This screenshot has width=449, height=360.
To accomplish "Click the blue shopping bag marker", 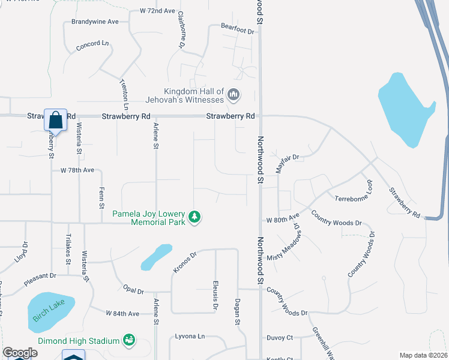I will (55, 120).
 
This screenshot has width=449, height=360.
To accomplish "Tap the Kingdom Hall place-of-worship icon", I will (234, 94).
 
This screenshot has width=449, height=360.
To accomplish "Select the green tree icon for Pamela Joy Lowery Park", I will (194, 217).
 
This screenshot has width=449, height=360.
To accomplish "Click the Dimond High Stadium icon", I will (128, 341).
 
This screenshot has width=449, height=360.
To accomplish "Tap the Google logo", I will (20, 353).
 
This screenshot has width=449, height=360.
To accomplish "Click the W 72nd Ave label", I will (157, 11).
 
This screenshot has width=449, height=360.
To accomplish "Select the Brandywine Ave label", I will (95, 22).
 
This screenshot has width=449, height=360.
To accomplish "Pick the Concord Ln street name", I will (92, 44).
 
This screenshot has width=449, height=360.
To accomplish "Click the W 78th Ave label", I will (77, 170).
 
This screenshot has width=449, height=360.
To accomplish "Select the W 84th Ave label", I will (122, 313).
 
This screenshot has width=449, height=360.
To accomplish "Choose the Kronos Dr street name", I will (185, 263).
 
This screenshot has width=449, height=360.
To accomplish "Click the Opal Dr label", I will (132, 291).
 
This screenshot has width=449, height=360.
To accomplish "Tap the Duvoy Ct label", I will (280, 338).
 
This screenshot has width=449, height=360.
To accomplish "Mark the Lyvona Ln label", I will (190, 336).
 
